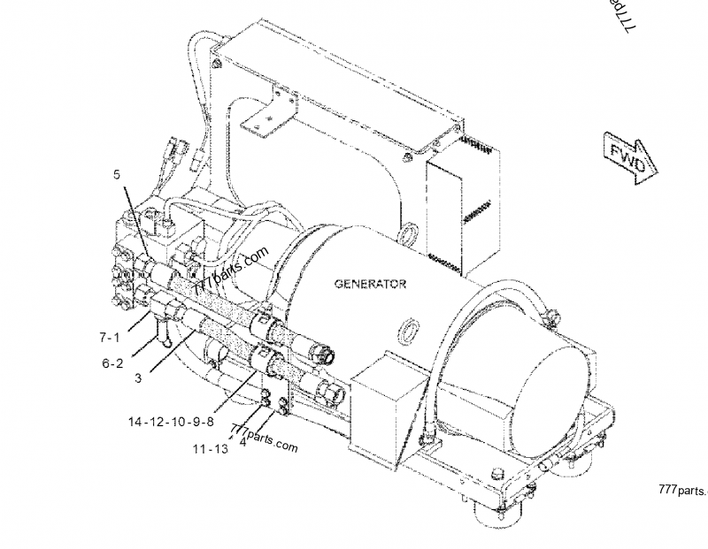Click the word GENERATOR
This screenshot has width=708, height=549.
(x=370, y=284)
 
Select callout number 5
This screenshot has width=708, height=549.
(x=117, y=174)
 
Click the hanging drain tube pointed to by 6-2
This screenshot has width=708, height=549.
(x=163, y=332)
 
